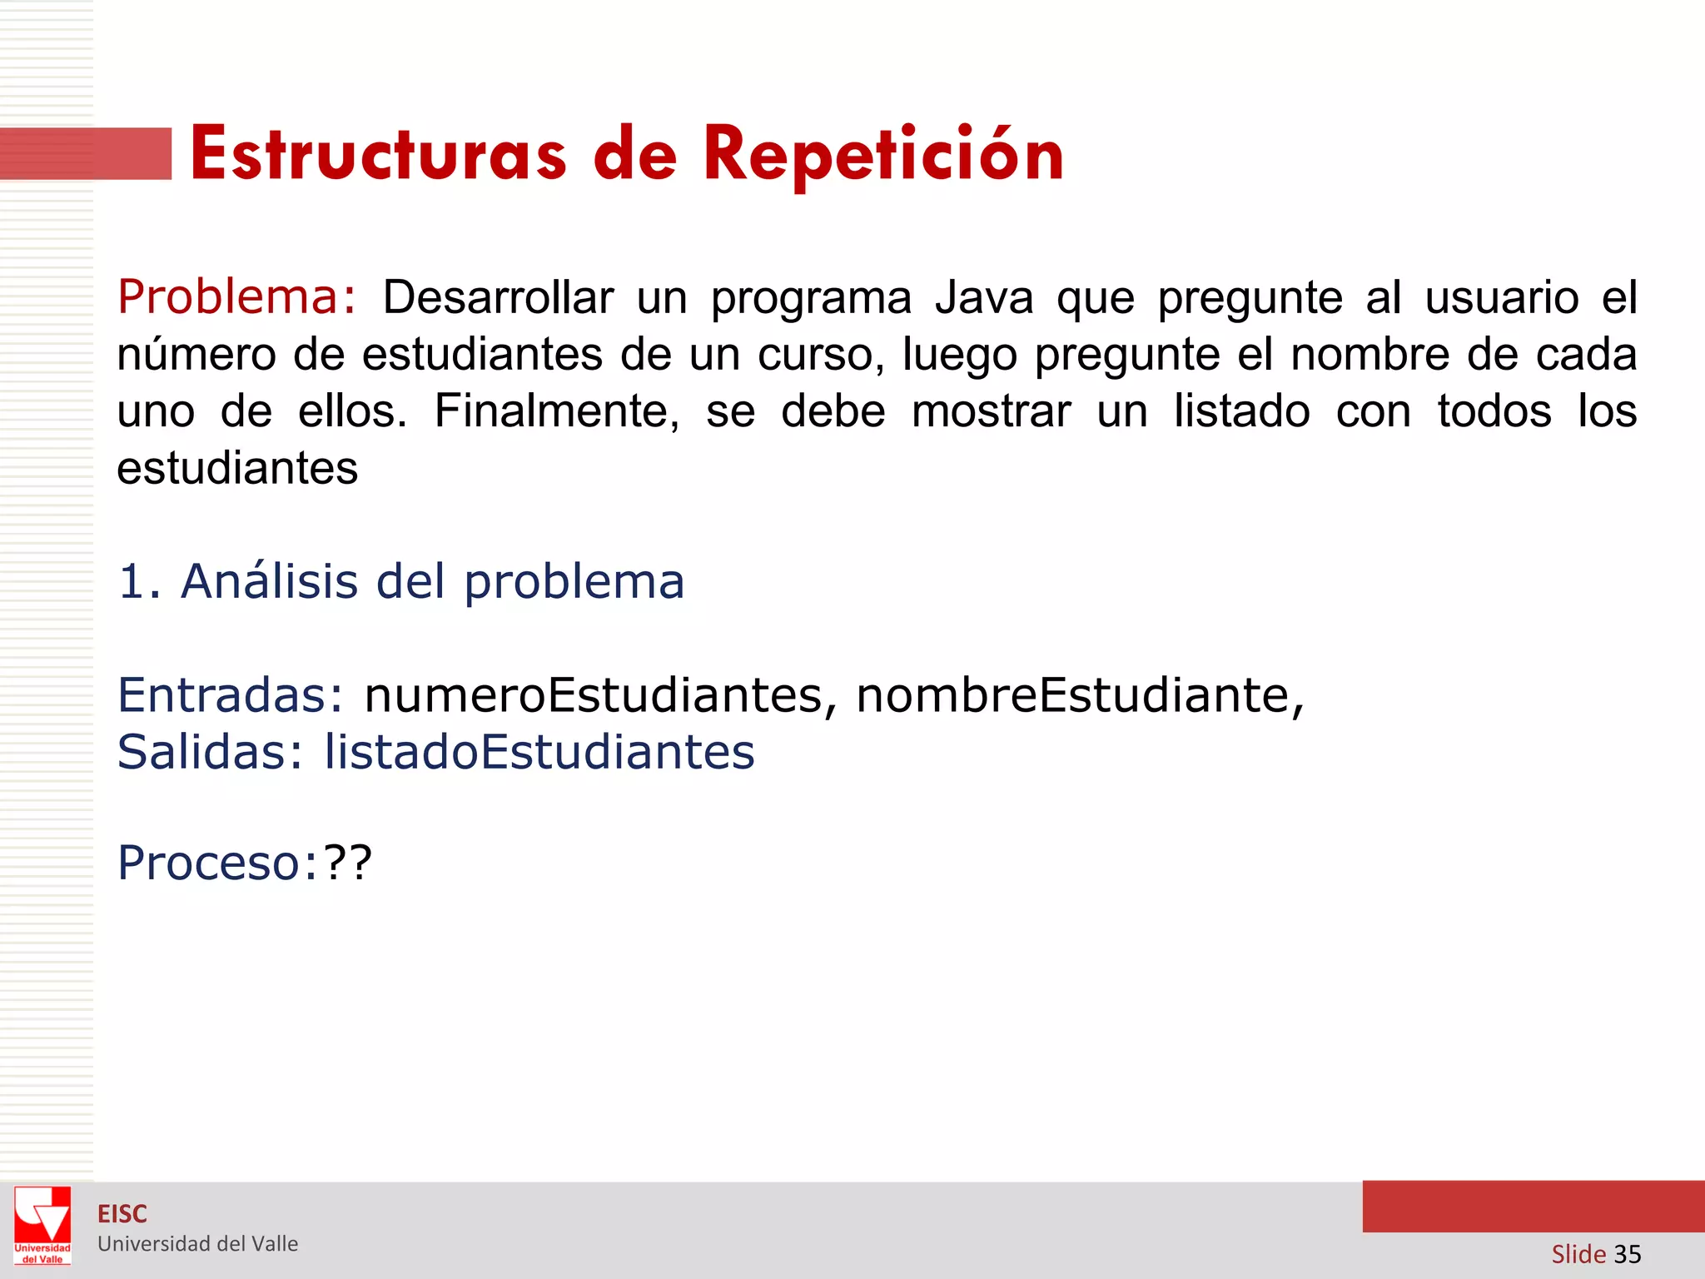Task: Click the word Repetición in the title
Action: (883, 156)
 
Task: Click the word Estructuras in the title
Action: (378, 156)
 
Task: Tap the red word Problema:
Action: (237, 297)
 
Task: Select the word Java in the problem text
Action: (983, 298)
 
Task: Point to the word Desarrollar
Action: (498, 298)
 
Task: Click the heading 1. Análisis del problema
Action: (401, 581)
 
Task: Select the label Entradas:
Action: (230, 694)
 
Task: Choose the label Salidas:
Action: (211, 752)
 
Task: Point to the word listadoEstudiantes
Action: (539, 752)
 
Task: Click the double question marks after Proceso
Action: (348, 863)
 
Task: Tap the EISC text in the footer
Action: (122, 1214)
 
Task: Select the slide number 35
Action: (1627, 1254)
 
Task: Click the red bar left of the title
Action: (86, 154)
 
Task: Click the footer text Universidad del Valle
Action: (197, 1244)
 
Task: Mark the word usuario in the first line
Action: (1501, 298)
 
